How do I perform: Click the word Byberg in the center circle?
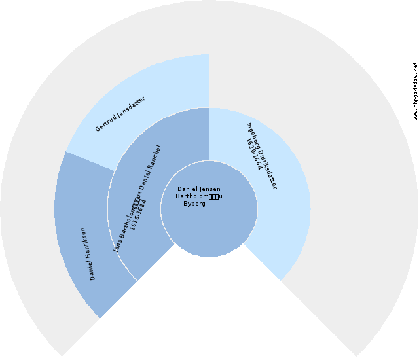coord(194,203)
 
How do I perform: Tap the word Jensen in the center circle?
coord(209,189)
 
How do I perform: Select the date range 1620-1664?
coord(254,154)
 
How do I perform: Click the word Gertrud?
coord(105,122)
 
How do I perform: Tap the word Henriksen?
coord(86,245)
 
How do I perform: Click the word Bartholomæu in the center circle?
coord(200,196)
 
